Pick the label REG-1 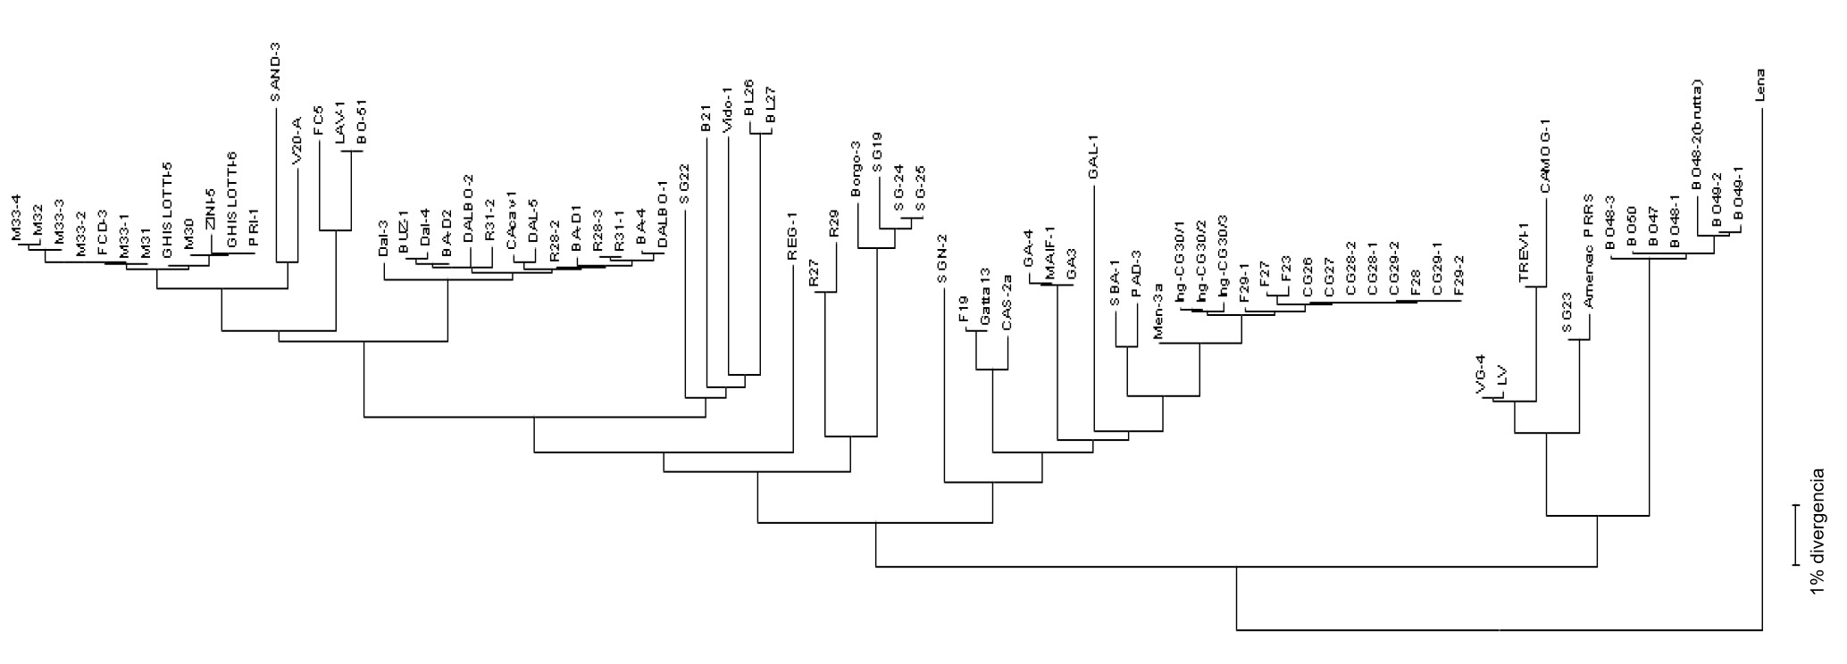click(x=792, y=241)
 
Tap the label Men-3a click(x=1158, y=318)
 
